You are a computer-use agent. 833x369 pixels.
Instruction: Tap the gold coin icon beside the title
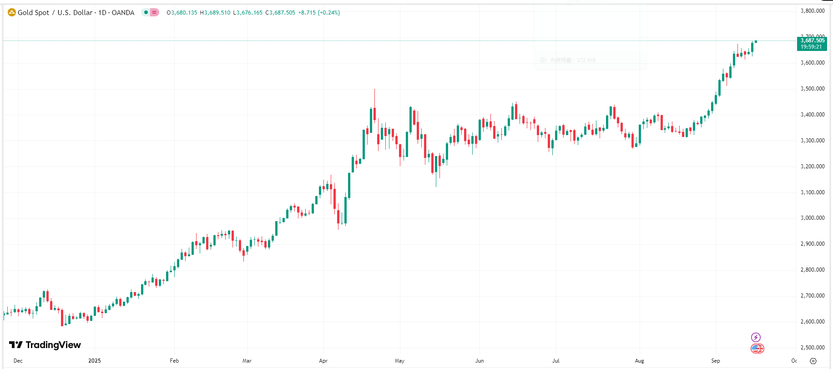click(12, 13)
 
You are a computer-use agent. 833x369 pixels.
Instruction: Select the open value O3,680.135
click(182, 13)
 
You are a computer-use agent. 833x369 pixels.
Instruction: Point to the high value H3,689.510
click(215, 13)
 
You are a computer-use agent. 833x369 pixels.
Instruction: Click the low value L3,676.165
click(247, 13)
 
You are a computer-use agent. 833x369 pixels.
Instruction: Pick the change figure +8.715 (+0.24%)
click(318, 13)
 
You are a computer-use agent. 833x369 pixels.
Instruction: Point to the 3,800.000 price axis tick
click(813, 11)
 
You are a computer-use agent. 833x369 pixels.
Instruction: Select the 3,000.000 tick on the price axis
click(813, 218)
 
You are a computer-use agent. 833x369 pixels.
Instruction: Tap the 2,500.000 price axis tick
click(813, 348)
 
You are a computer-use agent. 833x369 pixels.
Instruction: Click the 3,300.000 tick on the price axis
click(813, 141)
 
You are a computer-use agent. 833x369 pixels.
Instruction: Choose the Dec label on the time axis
click(18, 361)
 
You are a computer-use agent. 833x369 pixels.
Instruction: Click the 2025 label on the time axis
click(95, 361)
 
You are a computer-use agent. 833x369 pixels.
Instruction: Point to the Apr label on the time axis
click(323, 361)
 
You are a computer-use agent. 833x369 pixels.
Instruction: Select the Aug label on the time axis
click(640, 361)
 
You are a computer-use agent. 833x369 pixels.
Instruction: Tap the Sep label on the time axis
click(716, 361)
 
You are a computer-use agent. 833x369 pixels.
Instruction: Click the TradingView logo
click(45, 345)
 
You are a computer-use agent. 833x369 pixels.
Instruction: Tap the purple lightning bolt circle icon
click(756, 337)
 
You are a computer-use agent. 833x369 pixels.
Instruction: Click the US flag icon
click(757, 349)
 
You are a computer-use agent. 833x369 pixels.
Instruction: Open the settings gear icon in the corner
click(813, 361)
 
